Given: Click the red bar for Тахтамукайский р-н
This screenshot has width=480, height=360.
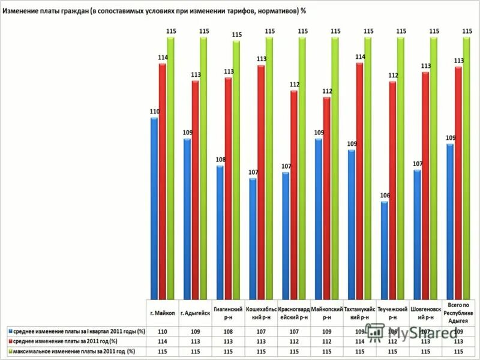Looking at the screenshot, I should click(x=359, y=180).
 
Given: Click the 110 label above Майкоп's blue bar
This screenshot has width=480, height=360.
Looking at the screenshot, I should click(x=154, y=112).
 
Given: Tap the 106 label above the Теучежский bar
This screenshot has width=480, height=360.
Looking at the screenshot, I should click(x=385, y=196).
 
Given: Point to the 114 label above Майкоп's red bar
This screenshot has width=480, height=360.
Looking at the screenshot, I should click(x=163, y=57).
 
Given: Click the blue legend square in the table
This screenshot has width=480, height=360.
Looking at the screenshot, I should click(x=10, y=331).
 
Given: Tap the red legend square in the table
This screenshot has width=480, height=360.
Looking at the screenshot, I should click(x=10, y=341).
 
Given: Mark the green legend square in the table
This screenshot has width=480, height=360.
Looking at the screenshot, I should click(x=10, y=351).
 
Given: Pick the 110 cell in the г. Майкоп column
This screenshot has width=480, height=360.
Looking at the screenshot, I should click(x=162, y=331).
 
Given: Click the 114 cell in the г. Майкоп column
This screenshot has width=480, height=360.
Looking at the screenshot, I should click(x=162, y=341).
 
